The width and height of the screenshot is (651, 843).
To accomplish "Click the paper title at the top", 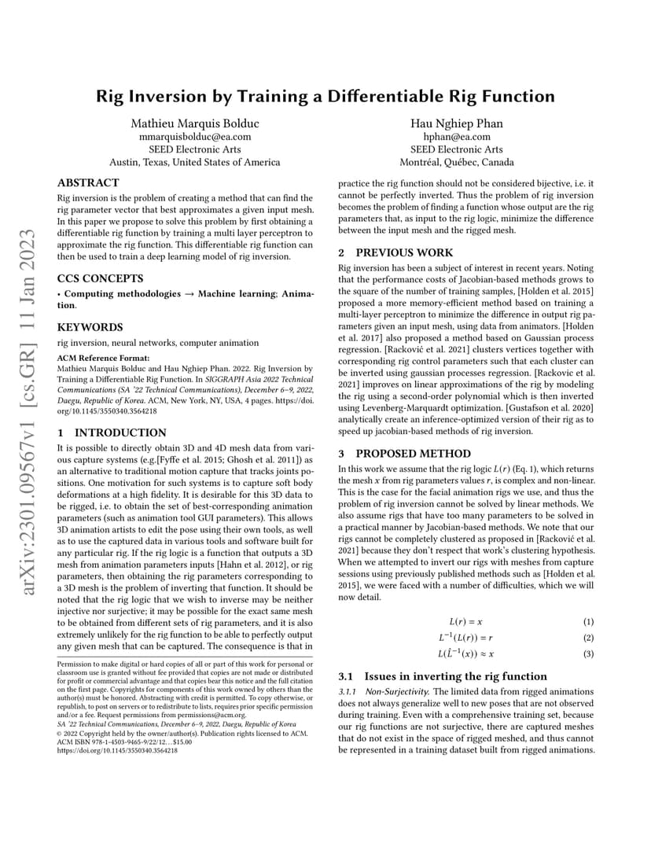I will (325, 97).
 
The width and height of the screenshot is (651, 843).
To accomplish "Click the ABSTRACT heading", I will (88, 182).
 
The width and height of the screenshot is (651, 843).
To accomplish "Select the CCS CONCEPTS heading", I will (100, 278).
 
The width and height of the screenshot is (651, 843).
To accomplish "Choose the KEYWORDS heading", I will (90, 327).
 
